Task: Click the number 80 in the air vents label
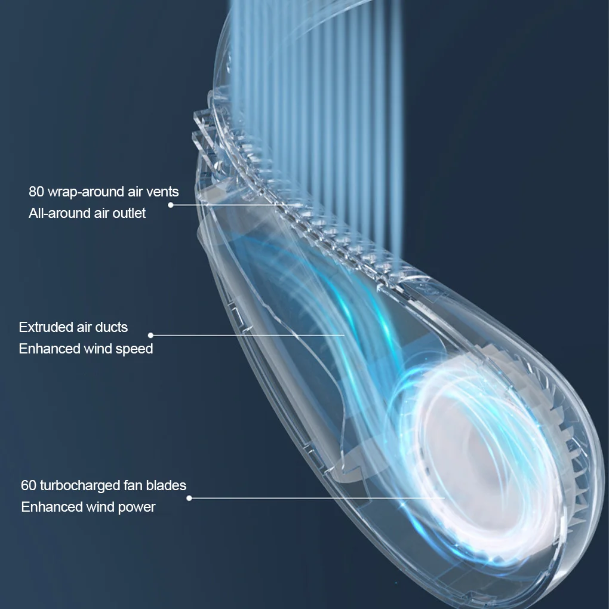[x=36, y=192]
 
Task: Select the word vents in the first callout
[x=162, y=192]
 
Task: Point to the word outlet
[x=129, y=213]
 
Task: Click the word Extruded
[x=45, y=327]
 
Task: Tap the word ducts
[x=112, y=327]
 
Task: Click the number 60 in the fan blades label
[x=29, y=485]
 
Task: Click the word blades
[x=167, y=485]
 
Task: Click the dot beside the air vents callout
[x=170, y=205]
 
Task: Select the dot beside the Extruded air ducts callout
[x=150, y=336]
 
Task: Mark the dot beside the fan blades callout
[x=189, y=497]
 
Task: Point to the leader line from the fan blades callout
[x=316, y=497]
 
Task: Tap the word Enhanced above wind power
[x=51, y=507]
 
